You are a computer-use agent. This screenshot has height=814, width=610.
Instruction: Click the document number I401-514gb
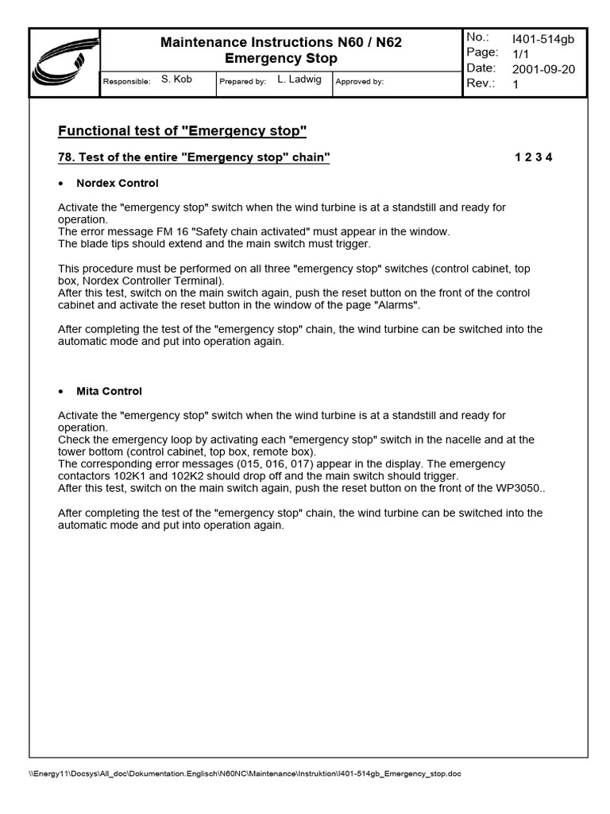pos(543,38)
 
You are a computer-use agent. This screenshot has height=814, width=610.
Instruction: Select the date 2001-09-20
pos(543,69)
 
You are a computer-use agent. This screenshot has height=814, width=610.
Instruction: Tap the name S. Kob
pos(176,79)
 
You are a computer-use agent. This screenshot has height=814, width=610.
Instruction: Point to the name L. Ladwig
pos(298,79)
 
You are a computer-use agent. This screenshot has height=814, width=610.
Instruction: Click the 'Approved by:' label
pos(360,81)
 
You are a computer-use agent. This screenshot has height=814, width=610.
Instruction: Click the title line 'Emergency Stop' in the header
pos(281,58)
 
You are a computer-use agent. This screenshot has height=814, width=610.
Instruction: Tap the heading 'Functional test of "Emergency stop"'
pos(183,130)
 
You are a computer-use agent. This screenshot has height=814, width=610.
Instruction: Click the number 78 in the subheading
pos(65,157)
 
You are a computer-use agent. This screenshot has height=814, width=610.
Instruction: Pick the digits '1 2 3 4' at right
pos(533,157)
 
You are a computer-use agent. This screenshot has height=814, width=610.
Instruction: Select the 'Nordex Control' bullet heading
pos(117,184)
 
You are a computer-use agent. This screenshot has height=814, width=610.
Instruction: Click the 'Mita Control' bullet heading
pos(109,391)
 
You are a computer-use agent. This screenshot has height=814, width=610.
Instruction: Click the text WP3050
pos(519,488)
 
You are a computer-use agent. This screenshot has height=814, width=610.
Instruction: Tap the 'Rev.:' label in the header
pos(481,83)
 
